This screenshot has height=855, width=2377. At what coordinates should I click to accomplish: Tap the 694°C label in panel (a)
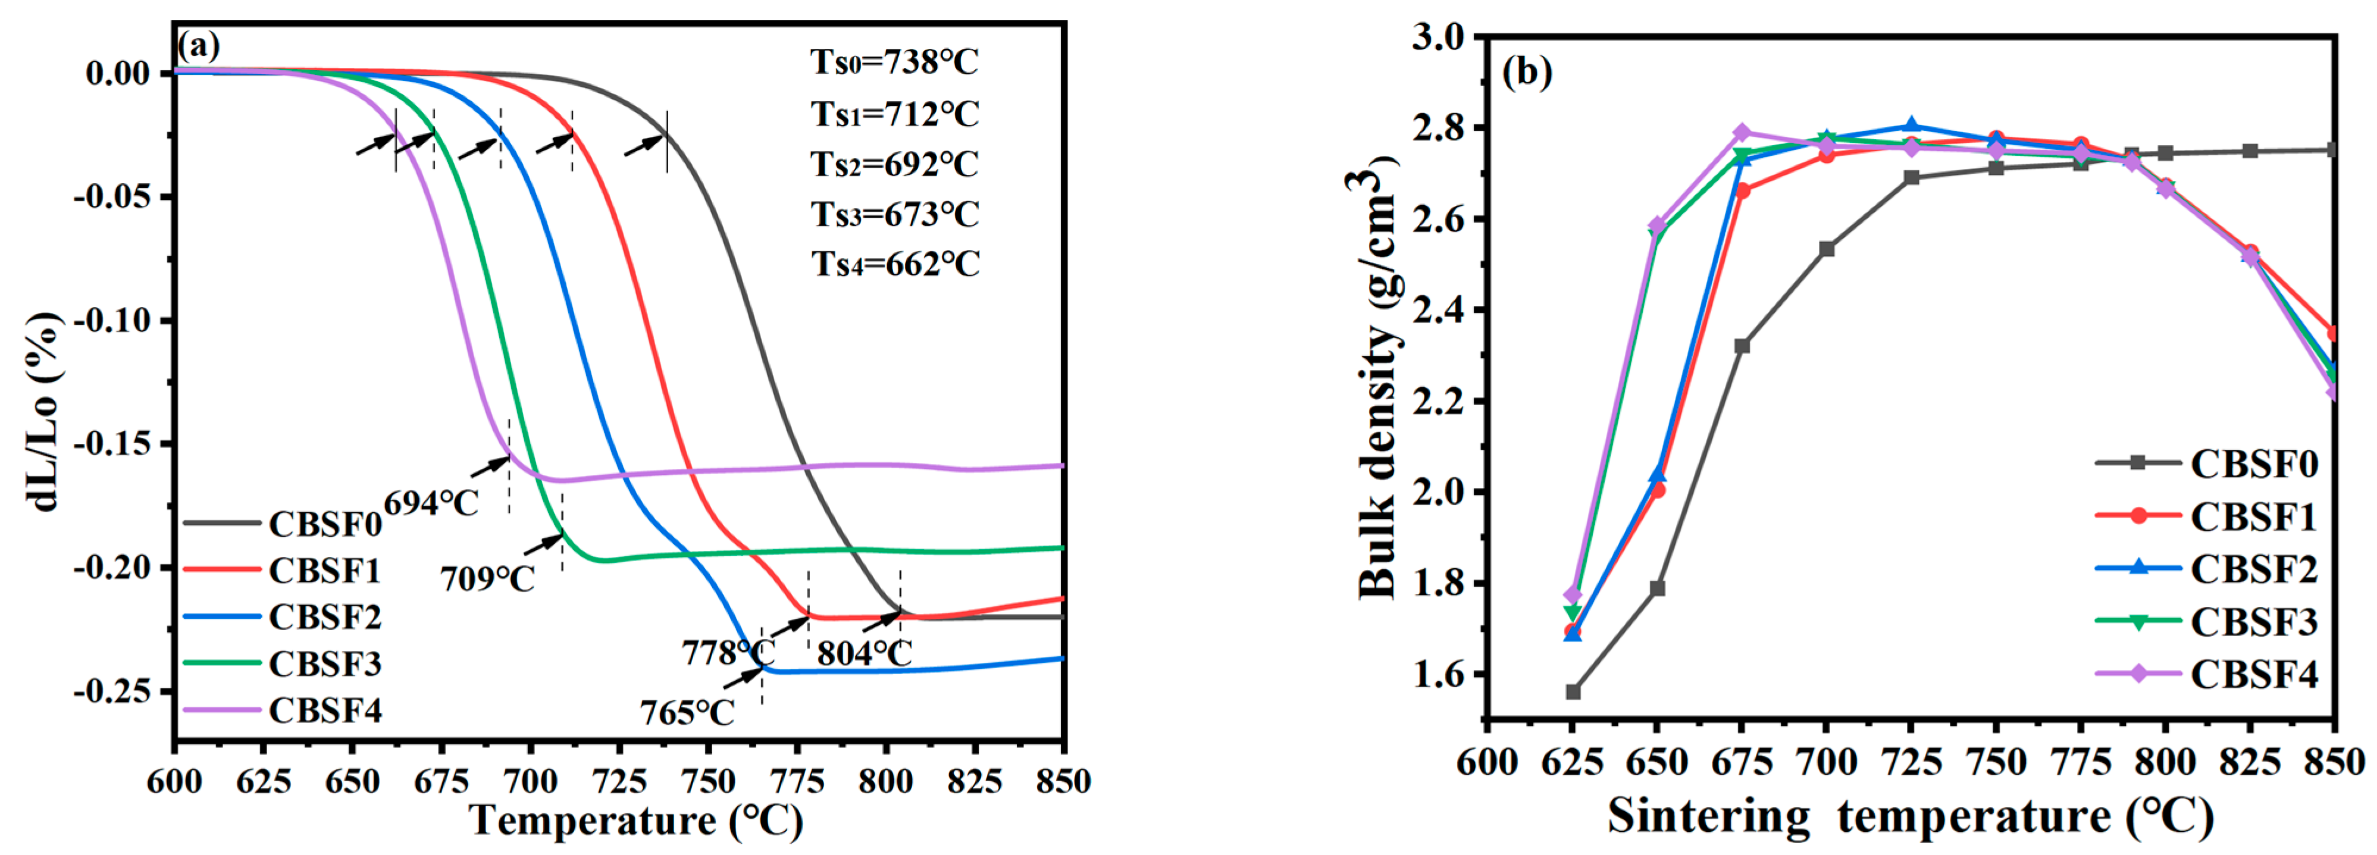click(431, 503)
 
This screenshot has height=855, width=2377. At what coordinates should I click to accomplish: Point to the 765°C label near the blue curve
click(687, 712)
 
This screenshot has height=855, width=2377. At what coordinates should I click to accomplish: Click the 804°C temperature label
click(864, 653)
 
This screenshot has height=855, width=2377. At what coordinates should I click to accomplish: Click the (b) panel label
click(1527, 70)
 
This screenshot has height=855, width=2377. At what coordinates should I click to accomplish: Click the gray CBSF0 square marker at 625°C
click(1573, 692)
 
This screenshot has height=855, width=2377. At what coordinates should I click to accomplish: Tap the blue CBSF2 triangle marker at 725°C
click(1911, 126)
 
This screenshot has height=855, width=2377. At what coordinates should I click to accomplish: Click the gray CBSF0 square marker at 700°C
click(1826, 249)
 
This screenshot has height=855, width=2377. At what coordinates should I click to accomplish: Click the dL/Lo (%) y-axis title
click(42, 411)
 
